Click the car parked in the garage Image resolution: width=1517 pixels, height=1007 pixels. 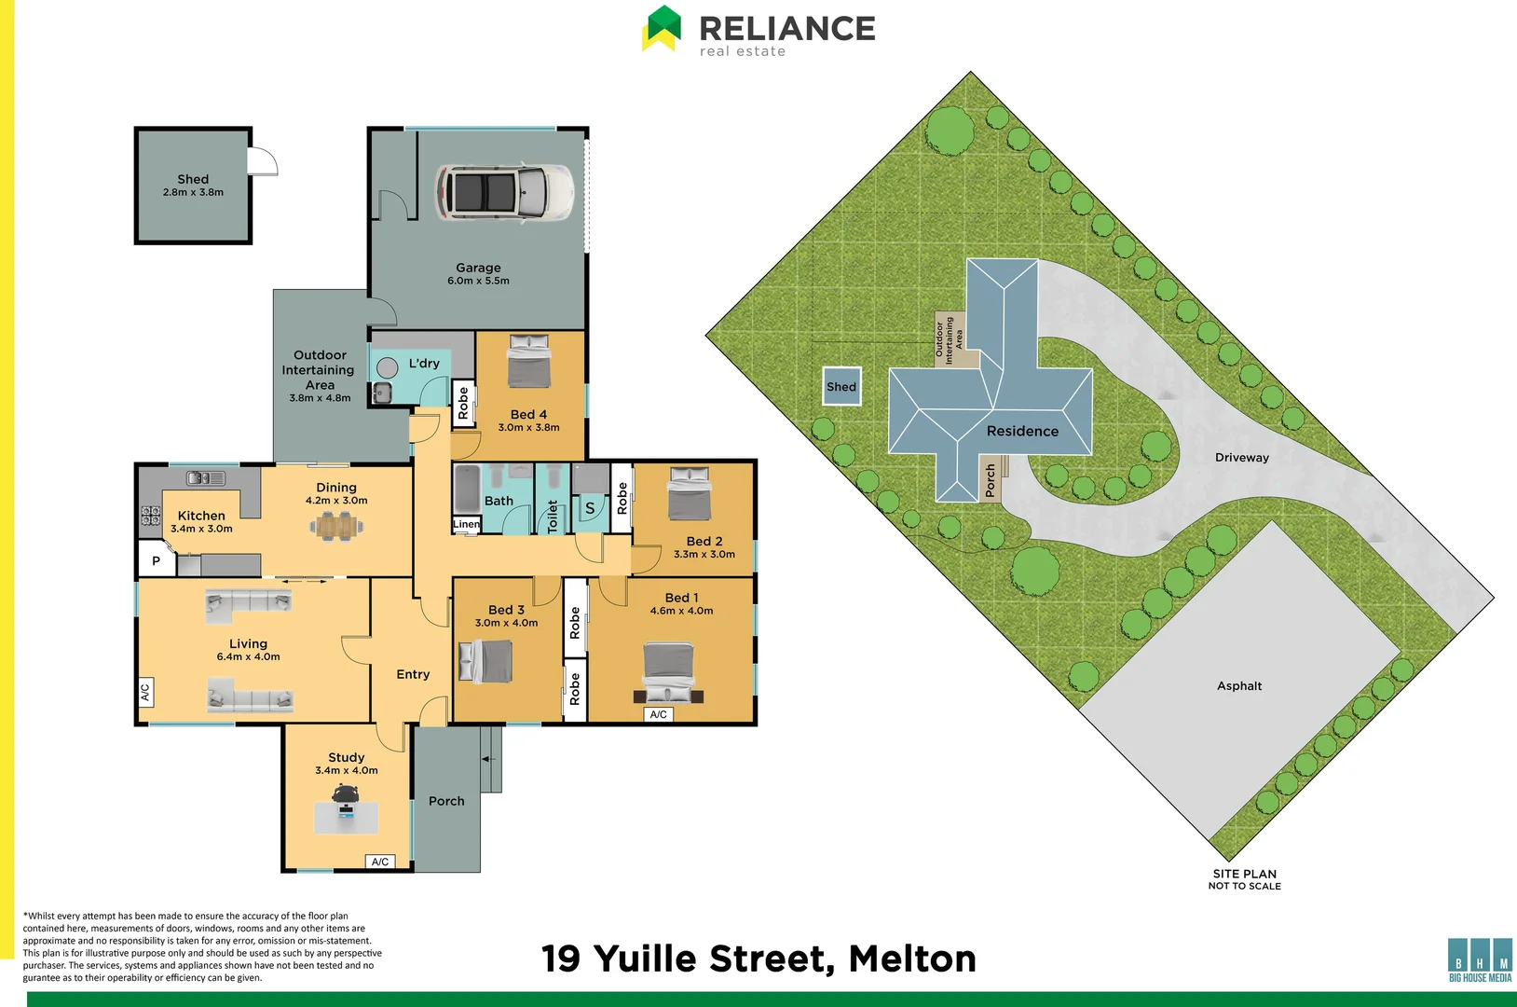pos(504,192)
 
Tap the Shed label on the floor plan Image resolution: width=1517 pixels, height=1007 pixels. pos(193,179)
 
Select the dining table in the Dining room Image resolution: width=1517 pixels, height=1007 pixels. pos(336,527)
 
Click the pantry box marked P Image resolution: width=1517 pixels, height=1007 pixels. pos(157,559)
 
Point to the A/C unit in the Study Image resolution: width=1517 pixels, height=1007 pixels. pos(380,862)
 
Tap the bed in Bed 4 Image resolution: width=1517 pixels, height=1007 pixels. pos(529,361)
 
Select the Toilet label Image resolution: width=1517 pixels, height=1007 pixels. pos(553,516)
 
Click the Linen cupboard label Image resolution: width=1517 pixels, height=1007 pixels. pos(466,524)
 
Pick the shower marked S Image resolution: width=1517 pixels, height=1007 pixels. pos(590,508)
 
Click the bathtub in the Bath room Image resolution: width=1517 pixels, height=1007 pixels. pos(467,490)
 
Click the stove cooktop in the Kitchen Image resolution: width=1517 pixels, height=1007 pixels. pos(150,516)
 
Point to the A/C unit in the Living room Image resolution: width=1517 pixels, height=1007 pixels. pos(145,693)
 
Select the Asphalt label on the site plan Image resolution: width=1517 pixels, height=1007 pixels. pos(1239,686)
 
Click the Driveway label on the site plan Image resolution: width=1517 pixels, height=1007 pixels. pos(1242,458)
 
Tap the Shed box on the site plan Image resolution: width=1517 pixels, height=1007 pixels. pos(841,386)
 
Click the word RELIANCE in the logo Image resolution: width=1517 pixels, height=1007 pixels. pos(787,29)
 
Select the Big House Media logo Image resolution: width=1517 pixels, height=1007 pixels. pos(1481,959)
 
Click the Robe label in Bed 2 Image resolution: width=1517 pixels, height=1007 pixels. pos(622,498)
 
